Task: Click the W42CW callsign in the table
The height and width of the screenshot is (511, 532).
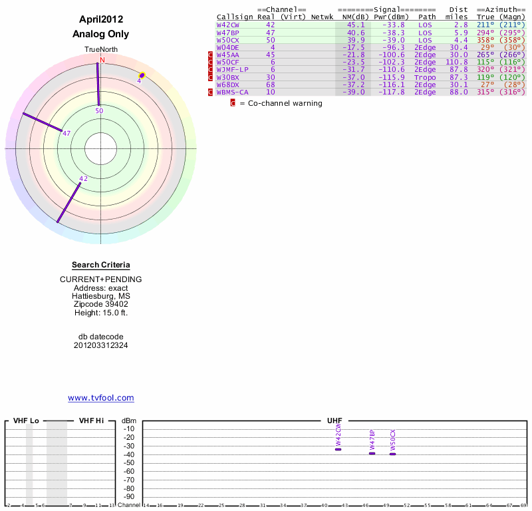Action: tap(227, 25)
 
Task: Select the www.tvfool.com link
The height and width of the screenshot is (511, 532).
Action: tap(101, 398)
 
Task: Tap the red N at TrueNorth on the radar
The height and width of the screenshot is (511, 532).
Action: tap(102, 60)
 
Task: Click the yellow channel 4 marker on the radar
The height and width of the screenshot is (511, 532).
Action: tap(142, 77)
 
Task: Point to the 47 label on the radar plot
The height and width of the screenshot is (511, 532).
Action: tap(66, 133)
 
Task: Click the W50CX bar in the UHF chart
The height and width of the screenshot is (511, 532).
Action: tap(392, 454)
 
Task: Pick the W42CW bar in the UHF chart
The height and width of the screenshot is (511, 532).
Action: tap(338, 449)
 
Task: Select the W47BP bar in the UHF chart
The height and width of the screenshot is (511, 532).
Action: tap(372, 453)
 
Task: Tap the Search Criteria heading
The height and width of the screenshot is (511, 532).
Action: tap(101, 265)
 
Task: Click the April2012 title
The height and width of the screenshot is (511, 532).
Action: tap(101, 20)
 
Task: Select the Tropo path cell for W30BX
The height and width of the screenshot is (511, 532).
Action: tap(426, 77)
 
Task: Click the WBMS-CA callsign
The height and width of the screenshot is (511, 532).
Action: tap(233, 92)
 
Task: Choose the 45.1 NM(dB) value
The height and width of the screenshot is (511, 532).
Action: tap(355, 25)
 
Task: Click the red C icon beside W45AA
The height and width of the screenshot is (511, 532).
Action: tap(211, 55)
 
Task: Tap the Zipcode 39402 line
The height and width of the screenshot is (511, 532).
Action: tap(101, 303)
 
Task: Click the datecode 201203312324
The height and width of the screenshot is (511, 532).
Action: tap(101, 345)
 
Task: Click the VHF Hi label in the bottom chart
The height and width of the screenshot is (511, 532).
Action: tap(91, 421)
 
